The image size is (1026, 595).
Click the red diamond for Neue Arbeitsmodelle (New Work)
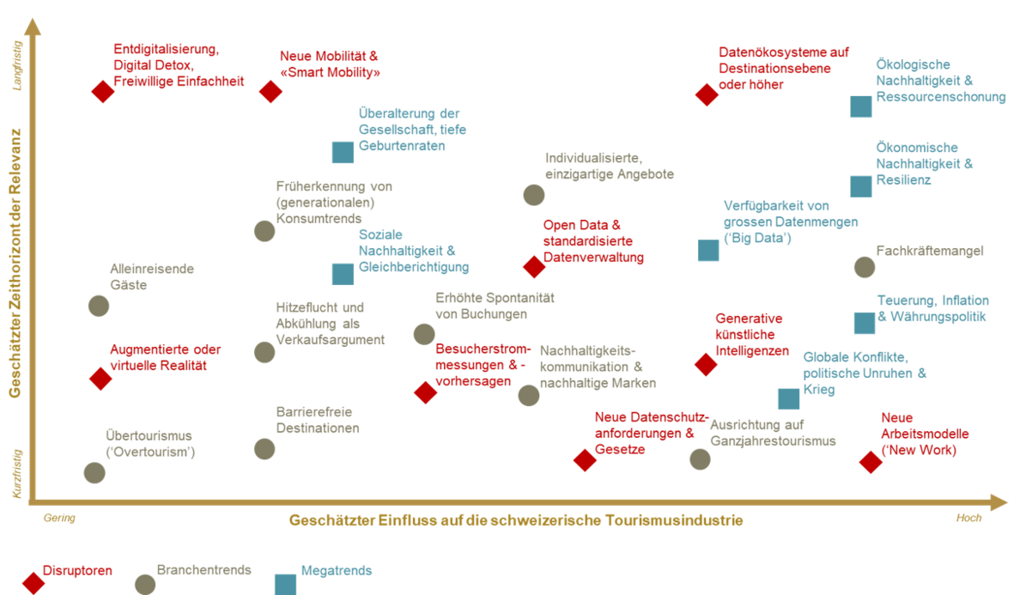point(871,462)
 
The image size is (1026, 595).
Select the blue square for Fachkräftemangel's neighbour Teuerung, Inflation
point(865,324)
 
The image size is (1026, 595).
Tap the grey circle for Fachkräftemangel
point(865,267)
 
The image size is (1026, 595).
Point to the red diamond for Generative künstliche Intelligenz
point(706,365)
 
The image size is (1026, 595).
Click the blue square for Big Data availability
point(708,250)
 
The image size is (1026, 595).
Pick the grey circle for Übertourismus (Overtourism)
point(94,472)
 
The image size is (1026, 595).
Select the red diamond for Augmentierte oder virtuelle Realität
point(100,379)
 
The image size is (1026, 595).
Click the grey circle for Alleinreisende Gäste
point(99,306)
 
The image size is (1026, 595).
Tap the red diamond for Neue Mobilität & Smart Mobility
point(270,92)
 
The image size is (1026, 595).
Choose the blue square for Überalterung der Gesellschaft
point(343,152)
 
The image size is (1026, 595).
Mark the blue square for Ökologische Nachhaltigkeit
point(861,106)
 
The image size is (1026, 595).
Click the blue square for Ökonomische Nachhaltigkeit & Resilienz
point(861,186)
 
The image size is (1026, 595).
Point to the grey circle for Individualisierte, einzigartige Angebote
point(534,195)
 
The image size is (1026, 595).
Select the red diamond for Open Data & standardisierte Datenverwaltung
point(534,267)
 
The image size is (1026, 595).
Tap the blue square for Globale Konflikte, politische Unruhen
point(789,398)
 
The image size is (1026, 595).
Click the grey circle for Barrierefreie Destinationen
point(264,448)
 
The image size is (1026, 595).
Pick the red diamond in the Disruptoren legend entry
point(33,583)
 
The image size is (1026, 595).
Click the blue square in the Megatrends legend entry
point(285,583)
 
